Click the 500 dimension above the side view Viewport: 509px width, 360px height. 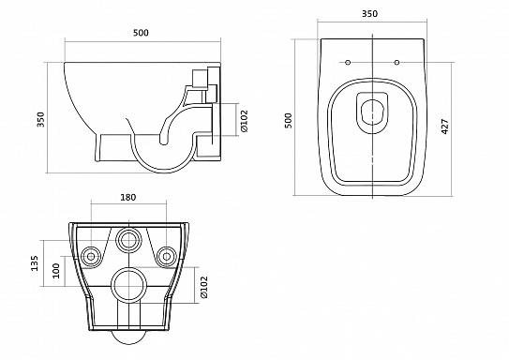(141, 33)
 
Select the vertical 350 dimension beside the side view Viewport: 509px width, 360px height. (40, 119)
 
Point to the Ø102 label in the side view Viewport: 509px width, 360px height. (244, 121)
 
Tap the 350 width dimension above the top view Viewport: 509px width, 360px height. (369, 14)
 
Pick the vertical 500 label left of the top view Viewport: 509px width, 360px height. (289, 120)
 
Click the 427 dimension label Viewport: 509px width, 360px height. (445, 127)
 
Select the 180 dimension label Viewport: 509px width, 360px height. (128, 197)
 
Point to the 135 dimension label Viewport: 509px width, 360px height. (35, 263)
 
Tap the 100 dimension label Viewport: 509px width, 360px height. (56, 270)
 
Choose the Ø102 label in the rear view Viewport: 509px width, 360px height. (203, 287)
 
